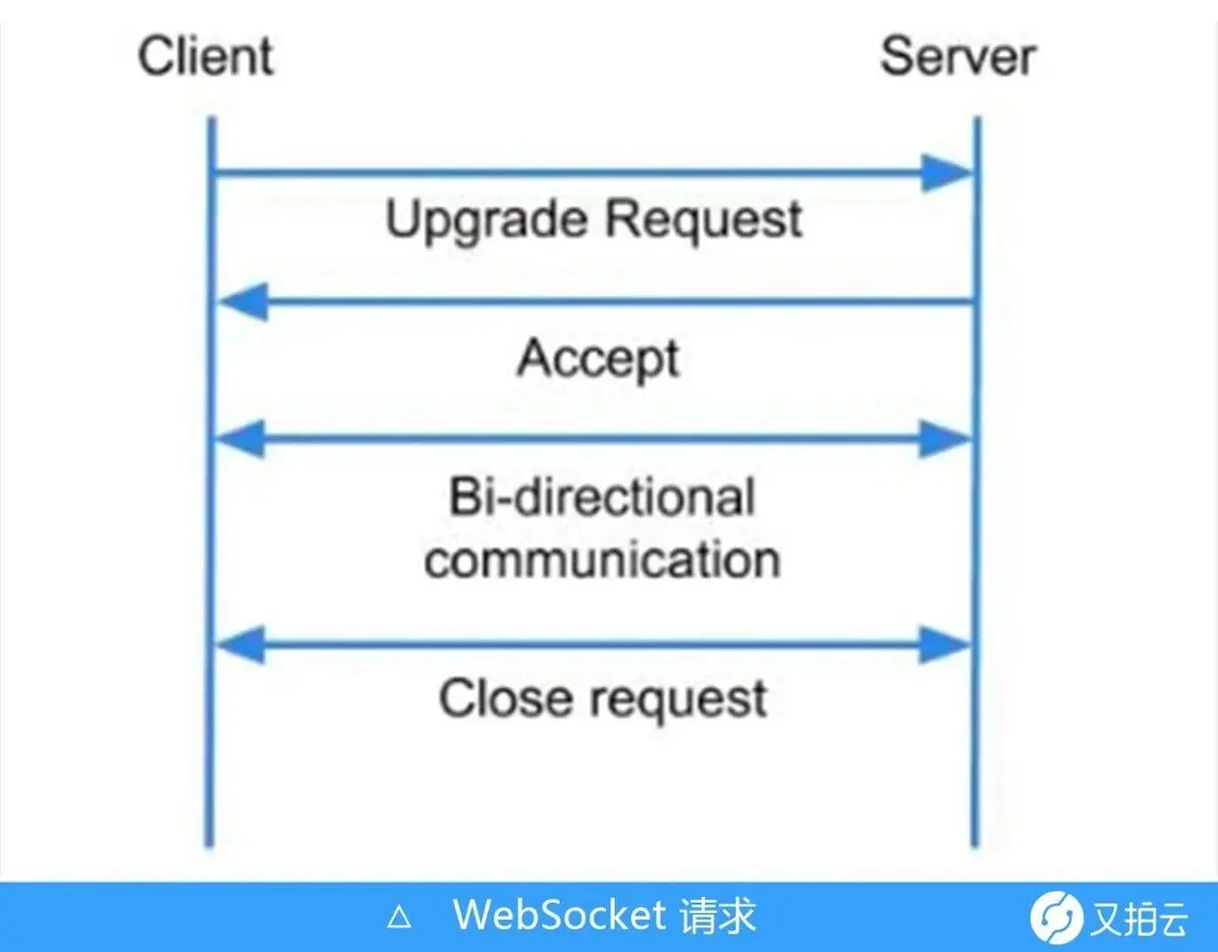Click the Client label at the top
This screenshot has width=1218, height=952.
coord(205,56)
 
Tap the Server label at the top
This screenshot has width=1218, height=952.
coord(957,56)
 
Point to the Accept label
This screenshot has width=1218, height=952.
coord(598,359)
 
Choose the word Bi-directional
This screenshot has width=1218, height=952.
coord(602,497)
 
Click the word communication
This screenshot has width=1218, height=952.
coord(602,560)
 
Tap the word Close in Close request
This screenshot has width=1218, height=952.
coord(505,699)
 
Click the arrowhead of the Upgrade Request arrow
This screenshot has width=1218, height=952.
coord(945,174)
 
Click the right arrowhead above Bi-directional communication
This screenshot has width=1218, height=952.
coord(945,438)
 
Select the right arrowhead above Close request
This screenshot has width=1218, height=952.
coord(945,644)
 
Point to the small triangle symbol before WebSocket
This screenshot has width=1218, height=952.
coord(399,918)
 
